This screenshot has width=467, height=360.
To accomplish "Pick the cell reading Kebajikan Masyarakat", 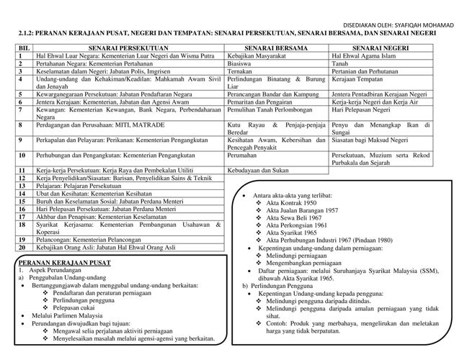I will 253,55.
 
